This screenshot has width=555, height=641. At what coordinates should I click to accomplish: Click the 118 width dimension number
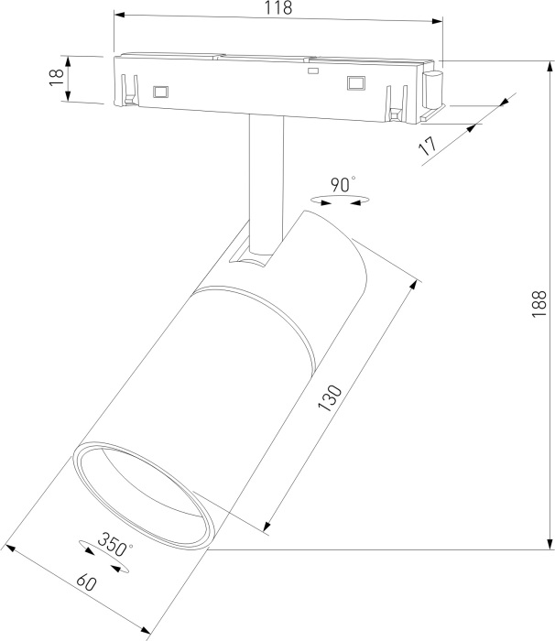(x=277, y=9)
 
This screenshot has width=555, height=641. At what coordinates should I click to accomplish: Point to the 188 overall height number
(x=539, y=303)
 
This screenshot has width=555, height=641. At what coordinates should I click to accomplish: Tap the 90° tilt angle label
(x=343, y=184)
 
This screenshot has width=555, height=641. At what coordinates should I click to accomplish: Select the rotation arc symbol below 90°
(x=339, y=199)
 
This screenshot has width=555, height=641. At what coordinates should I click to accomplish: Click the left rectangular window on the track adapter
(x=162, y=91)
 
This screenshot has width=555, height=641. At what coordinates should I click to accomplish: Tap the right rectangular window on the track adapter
(x=355, y=84)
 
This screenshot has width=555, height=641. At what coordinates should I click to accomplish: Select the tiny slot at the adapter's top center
(x=312, y=70)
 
